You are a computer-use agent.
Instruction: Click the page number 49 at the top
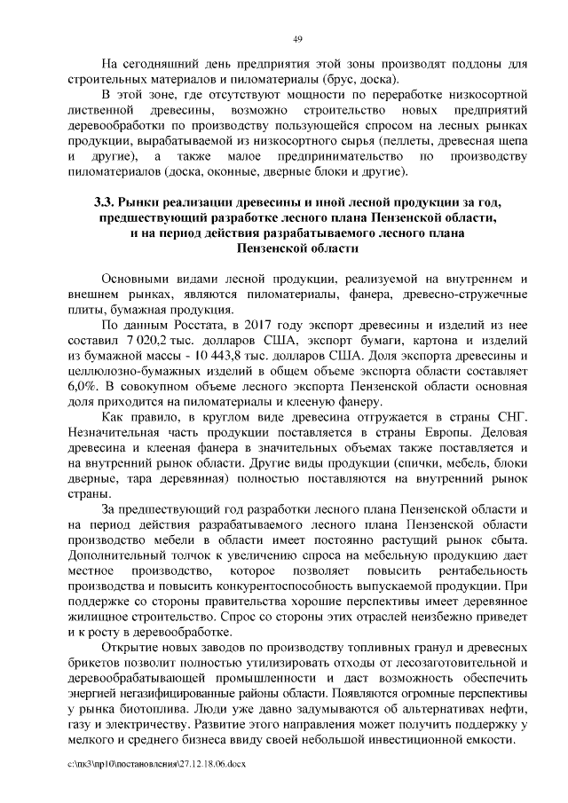[x=298, y=38]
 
